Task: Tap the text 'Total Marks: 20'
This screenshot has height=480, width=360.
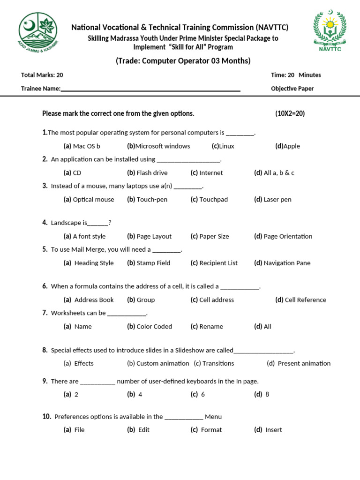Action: point(42,75)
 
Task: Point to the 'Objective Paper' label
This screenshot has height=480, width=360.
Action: point(292,89)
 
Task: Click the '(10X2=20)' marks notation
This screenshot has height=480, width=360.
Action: point(290,113)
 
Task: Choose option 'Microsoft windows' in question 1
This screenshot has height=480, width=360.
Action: point(162,146)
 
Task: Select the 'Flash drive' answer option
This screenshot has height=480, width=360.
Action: point(152,173)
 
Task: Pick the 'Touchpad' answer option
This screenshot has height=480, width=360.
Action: point(213,200)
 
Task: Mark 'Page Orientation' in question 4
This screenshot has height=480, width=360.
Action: point(287,237)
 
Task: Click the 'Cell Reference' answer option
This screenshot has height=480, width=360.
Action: point(305,300)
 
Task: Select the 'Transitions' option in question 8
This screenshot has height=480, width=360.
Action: point(218,363)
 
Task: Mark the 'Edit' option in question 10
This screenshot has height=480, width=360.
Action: point(143,430)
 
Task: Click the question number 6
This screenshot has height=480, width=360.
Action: point(45,286)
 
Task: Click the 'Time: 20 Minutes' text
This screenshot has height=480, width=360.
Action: point(296,75)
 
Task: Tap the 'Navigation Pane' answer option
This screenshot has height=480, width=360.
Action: point(287,263)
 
